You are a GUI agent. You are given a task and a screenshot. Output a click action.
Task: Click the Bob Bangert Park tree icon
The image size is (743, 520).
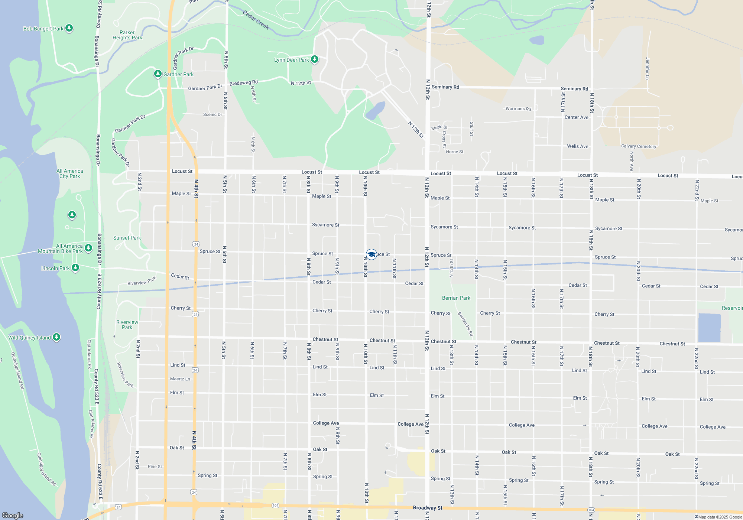(69, 28)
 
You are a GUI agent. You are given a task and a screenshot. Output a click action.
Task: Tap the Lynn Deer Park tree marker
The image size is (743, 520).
(315, 59)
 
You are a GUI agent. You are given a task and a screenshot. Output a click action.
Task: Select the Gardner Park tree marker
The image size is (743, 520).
(158, 74)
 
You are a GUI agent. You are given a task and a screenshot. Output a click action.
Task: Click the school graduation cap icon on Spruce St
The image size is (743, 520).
(371, 254)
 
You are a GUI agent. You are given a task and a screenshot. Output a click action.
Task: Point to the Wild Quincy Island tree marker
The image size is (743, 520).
(56, 337)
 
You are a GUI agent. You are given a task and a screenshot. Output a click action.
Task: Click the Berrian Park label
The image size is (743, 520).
(456, 298)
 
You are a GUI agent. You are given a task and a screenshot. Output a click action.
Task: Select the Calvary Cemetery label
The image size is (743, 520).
(639, 146)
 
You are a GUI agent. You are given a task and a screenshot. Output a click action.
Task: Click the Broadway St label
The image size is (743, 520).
(428, 508)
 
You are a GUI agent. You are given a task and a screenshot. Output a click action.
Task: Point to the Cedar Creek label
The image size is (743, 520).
(256, 20)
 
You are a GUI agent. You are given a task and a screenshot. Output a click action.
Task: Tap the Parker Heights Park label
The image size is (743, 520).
(127, 35)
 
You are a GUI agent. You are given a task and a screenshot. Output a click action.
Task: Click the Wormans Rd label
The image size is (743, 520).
(518, 109)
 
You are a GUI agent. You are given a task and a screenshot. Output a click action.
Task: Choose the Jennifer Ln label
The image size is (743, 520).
(648, 68)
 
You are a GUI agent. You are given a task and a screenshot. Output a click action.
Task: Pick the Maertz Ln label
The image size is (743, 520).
(180, 379)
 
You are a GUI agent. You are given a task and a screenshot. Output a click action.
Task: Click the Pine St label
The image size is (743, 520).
(155, 467)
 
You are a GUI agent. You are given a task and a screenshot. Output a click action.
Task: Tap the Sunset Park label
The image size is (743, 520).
(127, 238)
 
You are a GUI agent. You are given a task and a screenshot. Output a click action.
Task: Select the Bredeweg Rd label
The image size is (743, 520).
(243, 83)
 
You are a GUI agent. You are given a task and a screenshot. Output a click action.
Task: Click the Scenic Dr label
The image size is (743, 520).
(212, 114)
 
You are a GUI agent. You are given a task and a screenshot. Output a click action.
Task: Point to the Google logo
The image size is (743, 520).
(13, 515)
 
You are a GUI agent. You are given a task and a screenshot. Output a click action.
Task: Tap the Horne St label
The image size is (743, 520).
(454, 152)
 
